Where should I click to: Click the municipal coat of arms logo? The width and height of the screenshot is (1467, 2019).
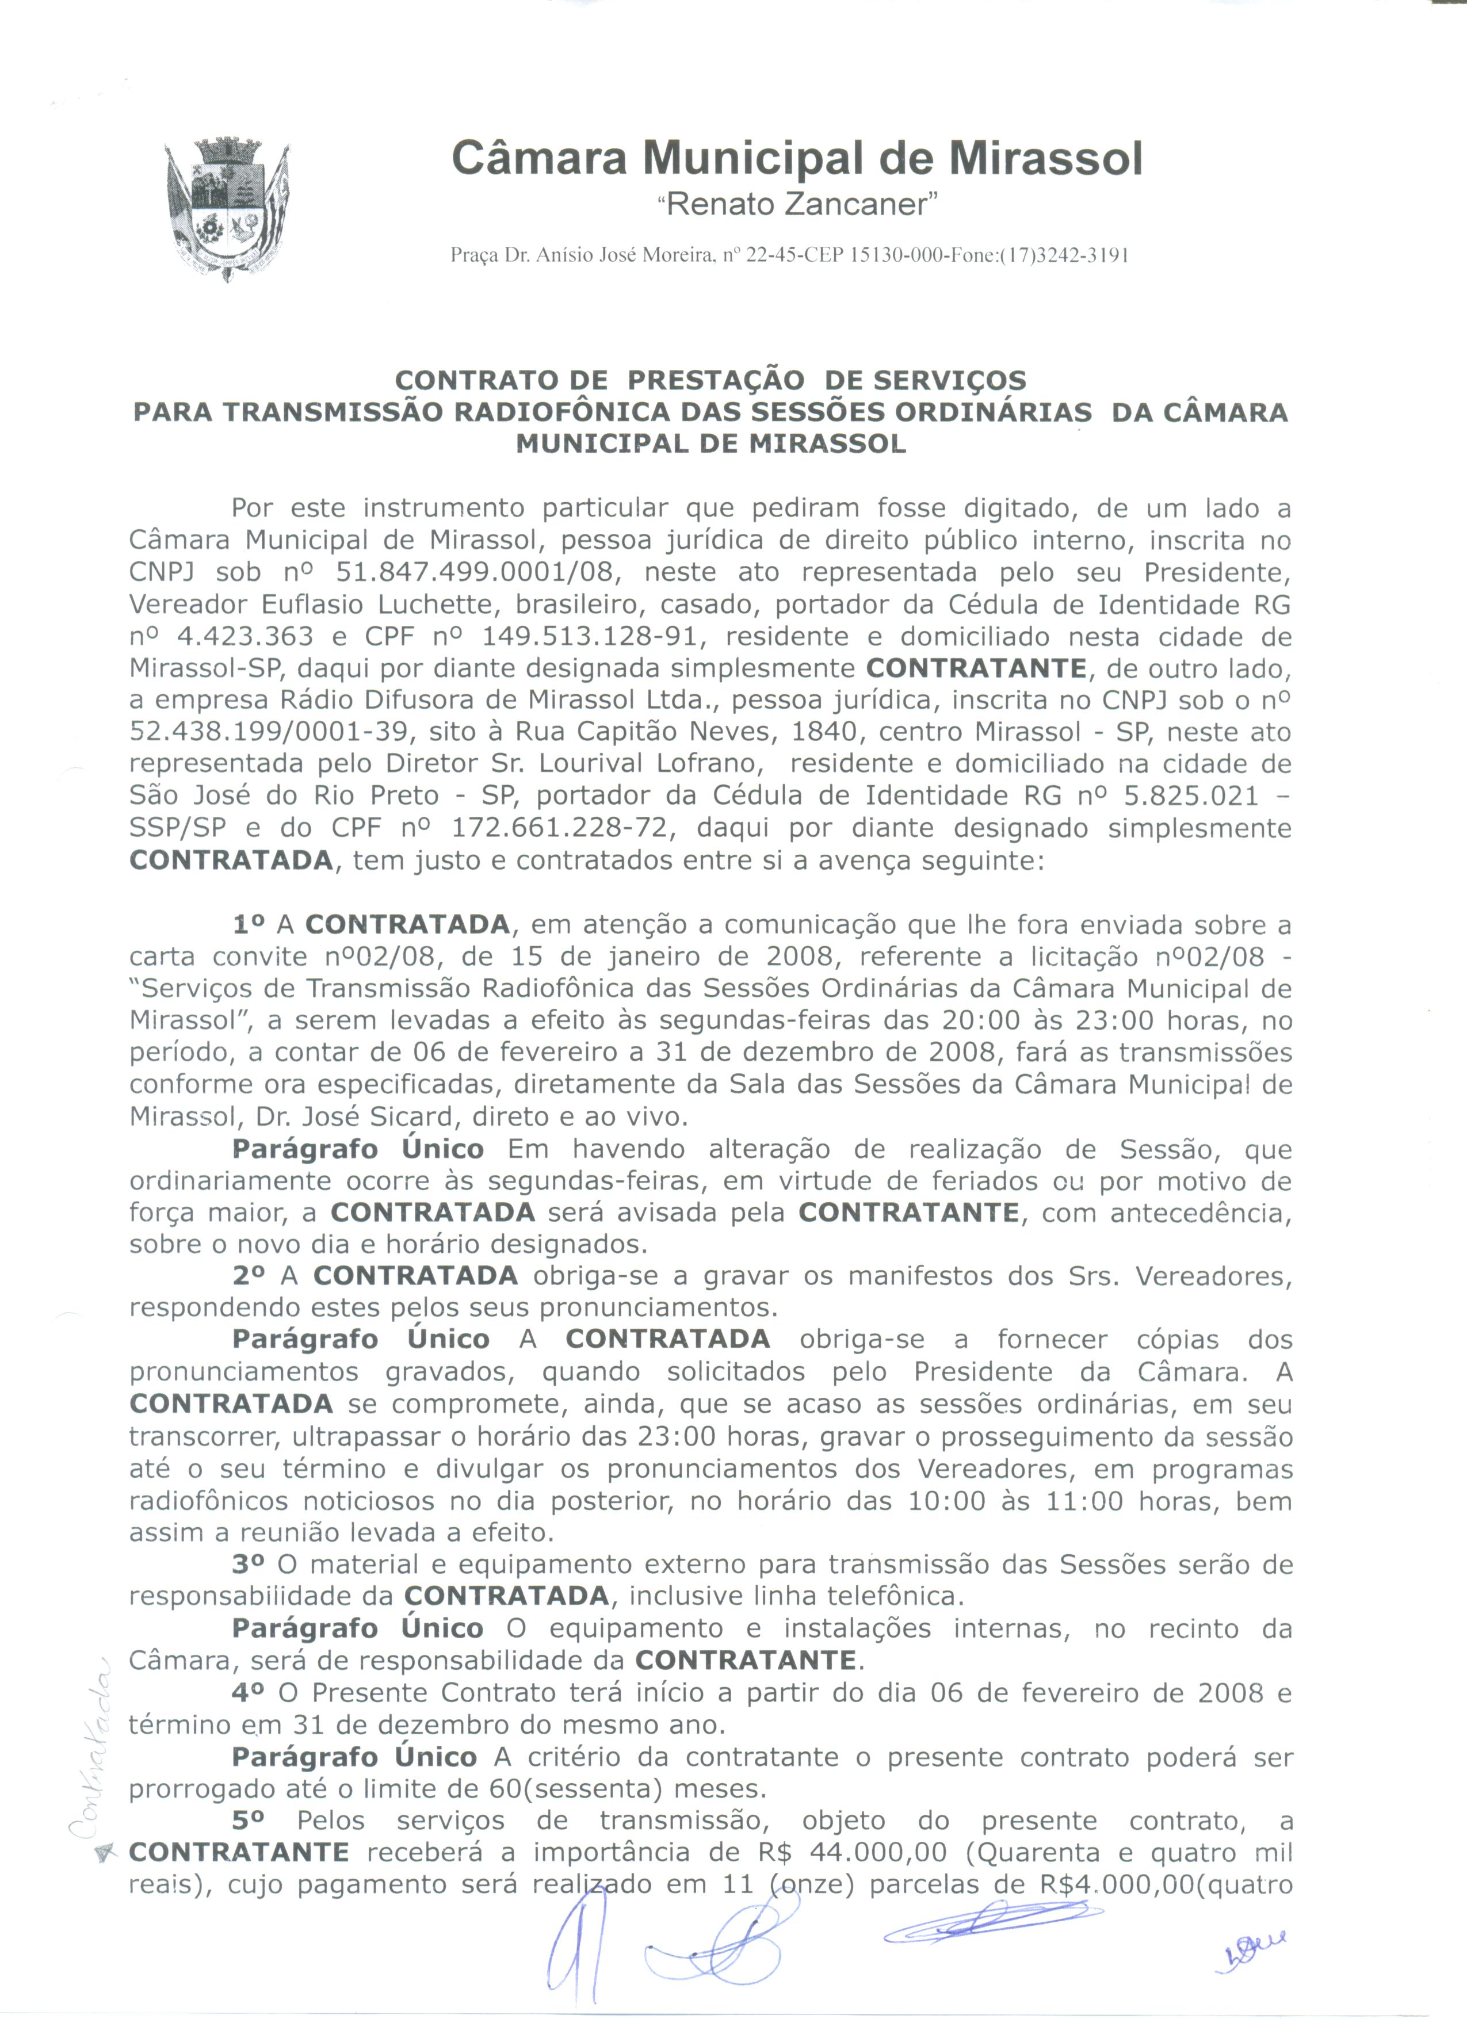coord(227,210)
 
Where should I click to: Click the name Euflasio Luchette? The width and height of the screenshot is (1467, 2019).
coord(374,605)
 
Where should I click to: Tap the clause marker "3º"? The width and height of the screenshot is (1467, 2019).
coord(250,1564)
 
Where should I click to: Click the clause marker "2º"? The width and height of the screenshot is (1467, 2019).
coord(250,1276)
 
